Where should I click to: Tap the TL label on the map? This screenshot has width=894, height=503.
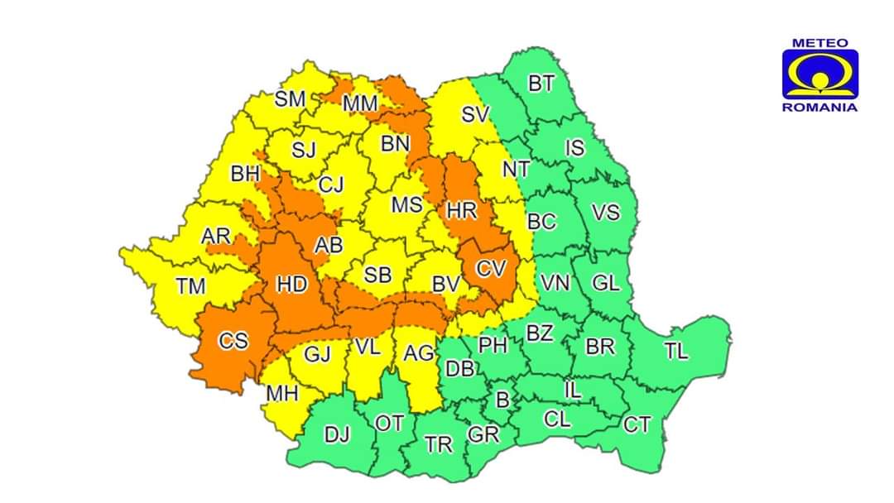pyautogui.click(x=675, y=351)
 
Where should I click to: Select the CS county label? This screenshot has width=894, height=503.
pyautogui.click(x=233, y=340)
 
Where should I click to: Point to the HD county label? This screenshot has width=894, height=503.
pyautogui.click(x=291, y=285)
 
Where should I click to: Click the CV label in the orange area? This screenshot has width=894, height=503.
pyautogui.click(x=491, y=269)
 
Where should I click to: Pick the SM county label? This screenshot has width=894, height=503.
pyautogui.click(x=290, y=99)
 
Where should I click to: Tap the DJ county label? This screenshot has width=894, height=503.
pyautogui.click(x=336, y=434)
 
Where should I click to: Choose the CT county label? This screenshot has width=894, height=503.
pyautogui.click(x=637, y=425)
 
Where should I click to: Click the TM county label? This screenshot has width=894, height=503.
pyautogui.click(x=190, y=287)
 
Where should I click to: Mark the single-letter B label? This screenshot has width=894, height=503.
pyautogui.click(x=502, y=400)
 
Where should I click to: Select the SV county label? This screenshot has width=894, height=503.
pyautogui.click(x=475, y=115)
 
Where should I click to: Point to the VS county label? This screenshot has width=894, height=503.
pyautogui.click(x=605, y=213)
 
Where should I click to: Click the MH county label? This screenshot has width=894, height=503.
pyautogui.click(x=281, y=395)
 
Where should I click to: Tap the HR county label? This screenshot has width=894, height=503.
pyautogui.click(x=462, y=211)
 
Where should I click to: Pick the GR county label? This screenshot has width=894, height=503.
pyautogui.click(x=483, y=434)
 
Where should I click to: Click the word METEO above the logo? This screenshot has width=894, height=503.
pyautogui.click(x=819, y=42)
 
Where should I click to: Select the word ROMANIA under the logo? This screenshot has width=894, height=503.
pyautogui.click(x=819, y=107)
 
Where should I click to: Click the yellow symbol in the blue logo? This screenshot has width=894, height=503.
pyautogui.click(x=819, y=76)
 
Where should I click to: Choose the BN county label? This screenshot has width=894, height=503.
pyautogui.click(x=395, y=143)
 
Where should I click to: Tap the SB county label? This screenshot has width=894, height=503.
pyautogui.click(x=377, y=275)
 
